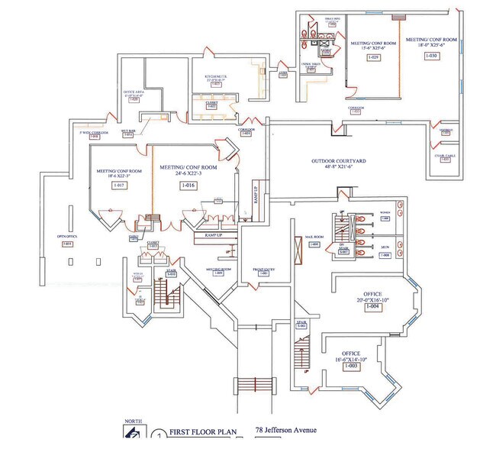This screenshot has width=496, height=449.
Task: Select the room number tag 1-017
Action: [x=118, y=186]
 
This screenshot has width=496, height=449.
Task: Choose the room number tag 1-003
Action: [x=352, y=367]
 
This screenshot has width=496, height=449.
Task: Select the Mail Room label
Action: [x=314, y=237]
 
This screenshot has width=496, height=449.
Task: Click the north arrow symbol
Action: [x=130, y=433]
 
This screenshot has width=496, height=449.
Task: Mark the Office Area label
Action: [x=134, y=94]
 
